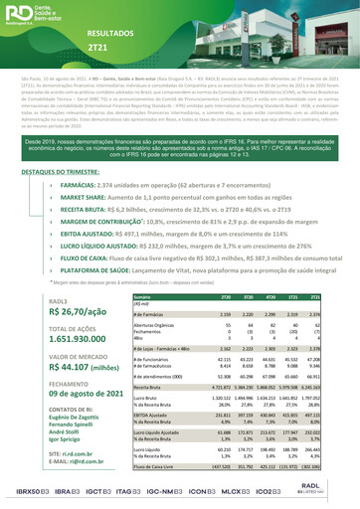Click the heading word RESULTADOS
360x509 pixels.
coord(111,34)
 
